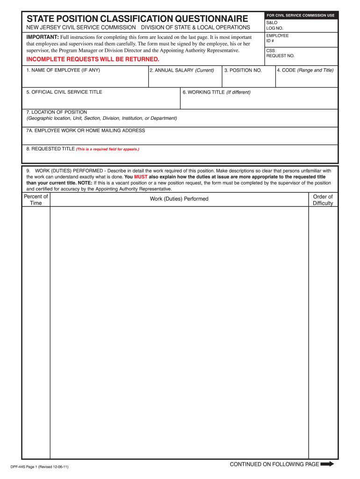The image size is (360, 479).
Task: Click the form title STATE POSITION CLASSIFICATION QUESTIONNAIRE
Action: (x=137, y=19)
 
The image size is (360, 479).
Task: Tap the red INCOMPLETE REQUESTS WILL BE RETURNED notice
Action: (x=93, y=59)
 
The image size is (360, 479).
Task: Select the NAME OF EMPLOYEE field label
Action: (x=63, y=70)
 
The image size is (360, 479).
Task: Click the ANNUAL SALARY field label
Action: (x=182, y=70)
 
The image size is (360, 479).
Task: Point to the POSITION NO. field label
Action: (x=243, y=70)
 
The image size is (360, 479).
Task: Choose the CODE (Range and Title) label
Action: (x=305, y=70)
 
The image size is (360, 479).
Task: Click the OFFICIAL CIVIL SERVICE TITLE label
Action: (x=64, y=92)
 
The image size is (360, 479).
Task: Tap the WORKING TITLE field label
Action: (x=216, y=92)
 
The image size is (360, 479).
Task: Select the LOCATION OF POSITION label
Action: (x=57, y=112)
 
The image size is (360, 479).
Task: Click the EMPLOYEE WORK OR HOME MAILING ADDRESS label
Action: (x=86, y=131)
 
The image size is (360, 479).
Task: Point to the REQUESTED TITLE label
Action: (x=50, y=149)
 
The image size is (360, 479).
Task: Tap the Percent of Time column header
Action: (x=36, y=200)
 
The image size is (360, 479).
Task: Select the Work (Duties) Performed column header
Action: (x=179, y=199)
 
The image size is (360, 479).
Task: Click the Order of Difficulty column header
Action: (x=323, y=200)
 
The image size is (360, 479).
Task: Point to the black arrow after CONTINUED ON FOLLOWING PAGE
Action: (x=327, y=464)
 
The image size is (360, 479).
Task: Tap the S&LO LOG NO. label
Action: (x=275, y=25)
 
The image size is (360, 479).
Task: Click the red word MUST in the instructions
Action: (x=141, y=177)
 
